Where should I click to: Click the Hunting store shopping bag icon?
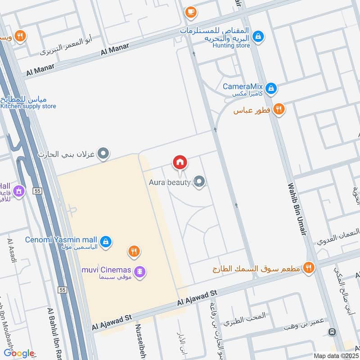coord(258,36)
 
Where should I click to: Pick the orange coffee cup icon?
coord(191,12)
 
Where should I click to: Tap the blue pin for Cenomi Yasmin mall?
coord(105,242)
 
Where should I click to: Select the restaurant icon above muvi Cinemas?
coord(133,252)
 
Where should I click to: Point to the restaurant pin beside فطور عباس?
coord(279,109)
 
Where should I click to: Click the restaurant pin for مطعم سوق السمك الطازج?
coord(308,268)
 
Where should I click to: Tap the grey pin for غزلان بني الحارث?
coord(103,154)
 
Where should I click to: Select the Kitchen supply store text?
coord(28,106)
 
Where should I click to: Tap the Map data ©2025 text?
coord(336,355)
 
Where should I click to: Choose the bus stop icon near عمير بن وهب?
coord(332,332)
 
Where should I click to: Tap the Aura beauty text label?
coord(170,183)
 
